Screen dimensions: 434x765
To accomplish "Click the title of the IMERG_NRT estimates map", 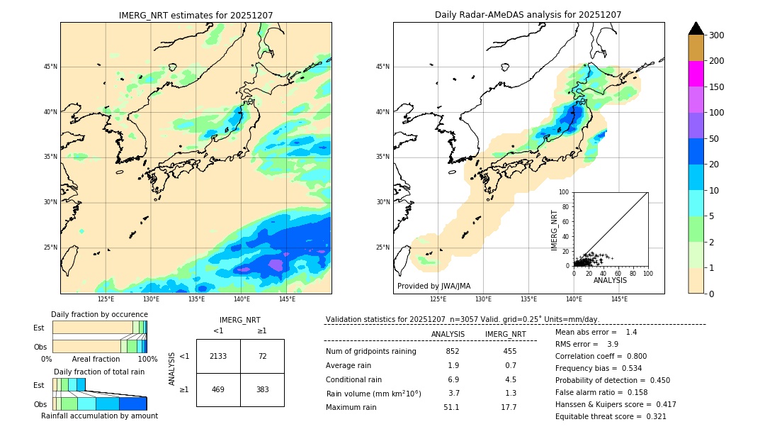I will coord(195,15).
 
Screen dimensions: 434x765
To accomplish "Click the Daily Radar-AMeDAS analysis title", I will coord(528,15).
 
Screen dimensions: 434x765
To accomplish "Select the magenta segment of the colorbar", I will coord(696,74).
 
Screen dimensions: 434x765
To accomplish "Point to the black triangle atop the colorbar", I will coord(696,28).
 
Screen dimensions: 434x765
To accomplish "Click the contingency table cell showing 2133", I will coord(218,356).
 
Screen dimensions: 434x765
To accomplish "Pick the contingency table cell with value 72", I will coord(262,356).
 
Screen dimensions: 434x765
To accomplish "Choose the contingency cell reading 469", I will coord(218,389).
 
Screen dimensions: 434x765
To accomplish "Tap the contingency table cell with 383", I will coord(262,389).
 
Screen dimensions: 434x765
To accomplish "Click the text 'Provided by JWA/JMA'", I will coord(433,286).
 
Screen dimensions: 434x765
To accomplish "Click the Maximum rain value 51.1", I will coord(451,408).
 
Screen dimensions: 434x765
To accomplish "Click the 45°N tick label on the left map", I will coord(50,67).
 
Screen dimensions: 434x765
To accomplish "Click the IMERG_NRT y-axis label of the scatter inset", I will coord(555,229).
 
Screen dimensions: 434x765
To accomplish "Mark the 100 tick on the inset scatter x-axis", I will coord(647,273).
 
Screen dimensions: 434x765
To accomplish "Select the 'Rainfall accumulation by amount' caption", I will coord(99,416).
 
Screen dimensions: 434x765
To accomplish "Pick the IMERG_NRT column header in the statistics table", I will coord(505,334).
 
